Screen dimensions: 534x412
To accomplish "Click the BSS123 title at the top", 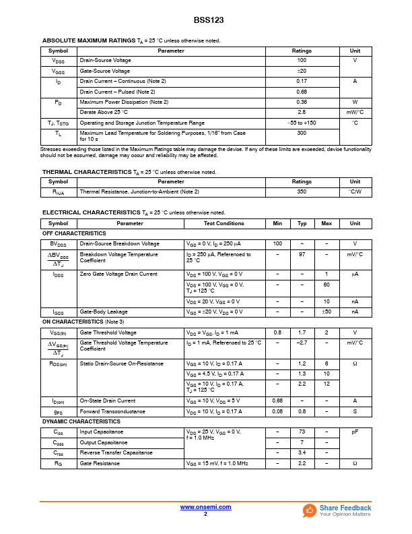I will coord(205,20).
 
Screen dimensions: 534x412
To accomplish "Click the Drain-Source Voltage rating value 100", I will coord(302,61).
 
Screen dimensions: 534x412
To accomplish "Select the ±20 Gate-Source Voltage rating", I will coord(302,71).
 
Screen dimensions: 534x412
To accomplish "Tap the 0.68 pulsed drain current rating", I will coord(302,92).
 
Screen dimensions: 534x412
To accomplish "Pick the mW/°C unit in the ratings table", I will coord(355,112).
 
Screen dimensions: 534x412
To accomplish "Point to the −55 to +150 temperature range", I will coord(302,123).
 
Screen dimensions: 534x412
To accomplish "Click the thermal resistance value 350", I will coord(302,191).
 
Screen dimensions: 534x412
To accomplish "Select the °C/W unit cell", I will coord(355,191).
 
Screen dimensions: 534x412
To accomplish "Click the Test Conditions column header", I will coord(224,223).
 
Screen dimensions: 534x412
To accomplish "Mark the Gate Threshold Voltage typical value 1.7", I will coord(302,332).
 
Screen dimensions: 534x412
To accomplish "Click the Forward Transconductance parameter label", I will coord(112,411).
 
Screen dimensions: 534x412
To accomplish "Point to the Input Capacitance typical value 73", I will coord(302,432).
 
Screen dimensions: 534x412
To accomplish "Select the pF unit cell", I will coord(355,432).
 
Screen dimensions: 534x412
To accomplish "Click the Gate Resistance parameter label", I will coord(100,463).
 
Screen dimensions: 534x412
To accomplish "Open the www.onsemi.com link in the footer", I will coord(205,507).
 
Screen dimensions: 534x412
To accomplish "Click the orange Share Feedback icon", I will coord(310,510).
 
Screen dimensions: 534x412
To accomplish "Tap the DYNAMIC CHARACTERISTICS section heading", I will coord(81,421).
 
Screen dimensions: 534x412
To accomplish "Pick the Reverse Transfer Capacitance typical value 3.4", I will coord(302,452).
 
